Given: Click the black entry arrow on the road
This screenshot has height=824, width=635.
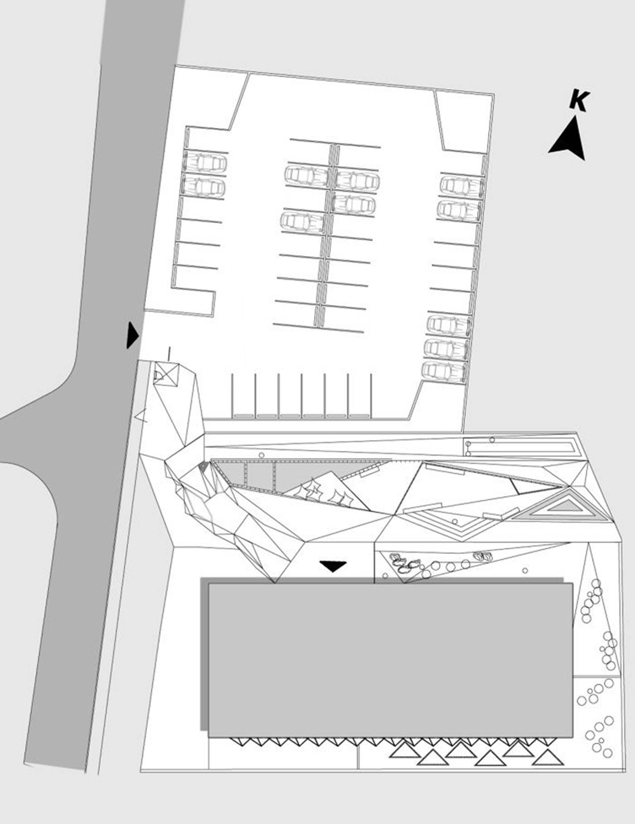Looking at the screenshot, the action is tap(133, 335).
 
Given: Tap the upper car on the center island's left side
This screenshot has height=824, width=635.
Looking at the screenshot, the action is tap(307, 175).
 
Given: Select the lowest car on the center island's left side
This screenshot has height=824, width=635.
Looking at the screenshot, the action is tap(302, 221).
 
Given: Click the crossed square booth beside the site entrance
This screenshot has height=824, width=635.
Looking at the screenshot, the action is tap(165, 374).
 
